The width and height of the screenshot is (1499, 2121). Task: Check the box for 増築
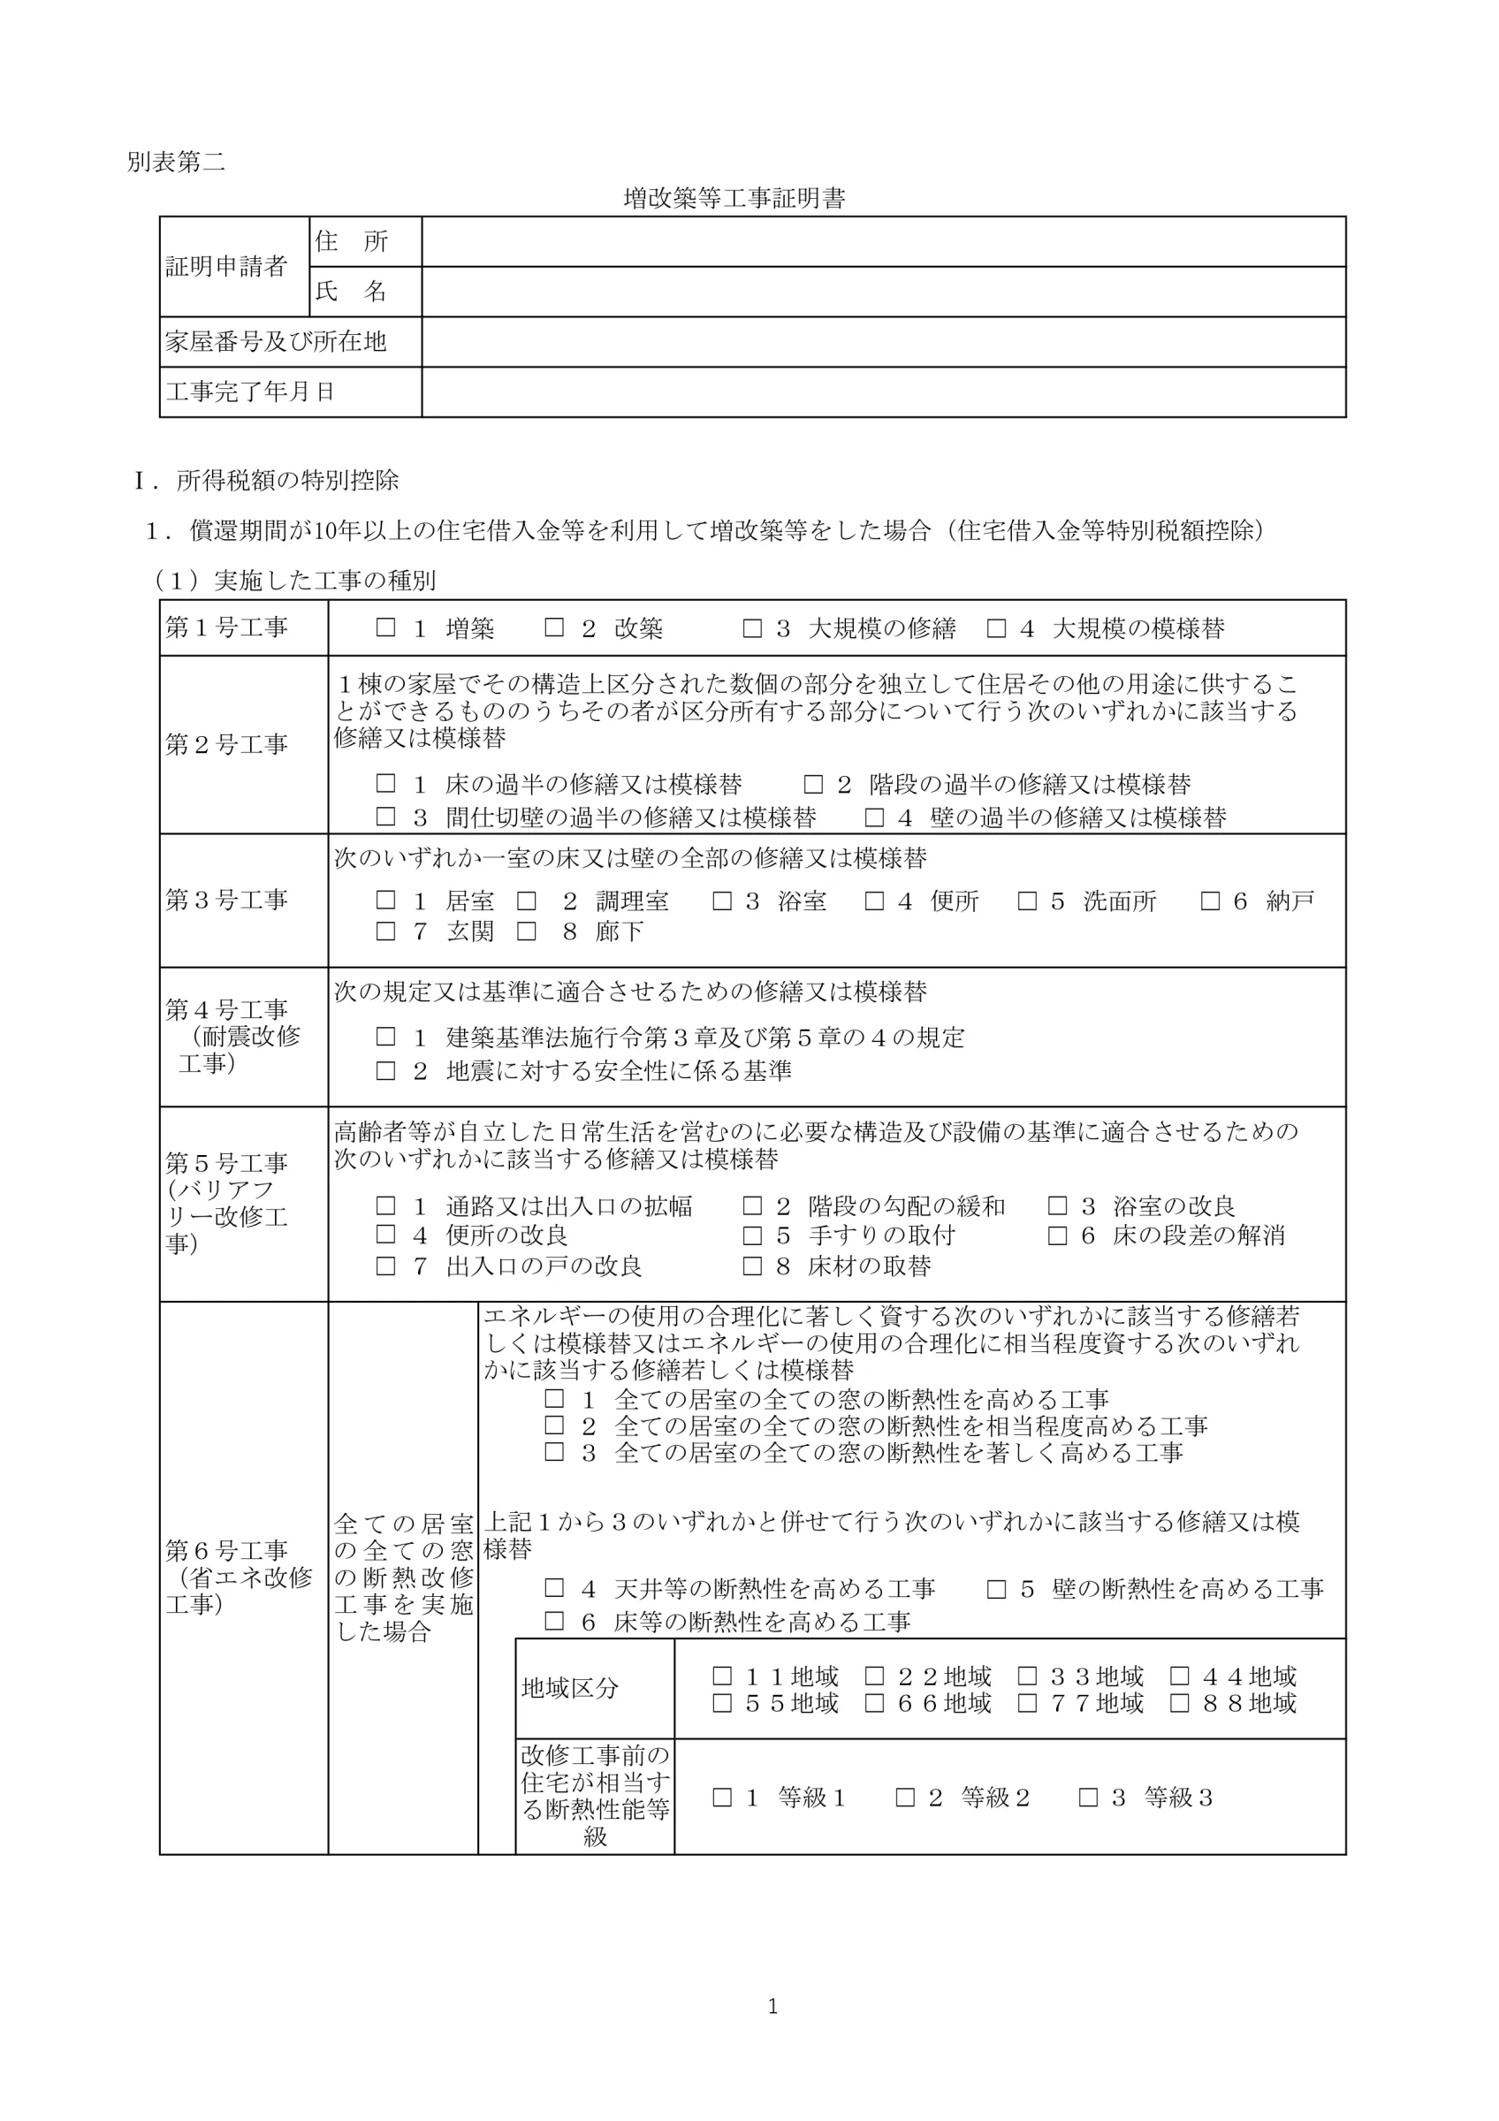point(385,628)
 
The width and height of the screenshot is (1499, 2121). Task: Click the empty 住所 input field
point(882,242)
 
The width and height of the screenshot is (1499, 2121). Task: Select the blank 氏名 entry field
point(882,292)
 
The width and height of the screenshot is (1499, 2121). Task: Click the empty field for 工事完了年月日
point(882,392)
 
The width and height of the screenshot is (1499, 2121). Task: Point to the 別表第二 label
point(176,163)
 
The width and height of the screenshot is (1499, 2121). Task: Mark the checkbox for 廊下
point(527,931)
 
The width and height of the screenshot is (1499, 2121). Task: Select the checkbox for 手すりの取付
point(753,1235)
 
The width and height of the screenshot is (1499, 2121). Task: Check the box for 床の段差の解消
point(1058,1235)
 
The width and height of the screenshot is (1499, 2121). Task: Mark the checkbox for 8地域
point(1179,1702)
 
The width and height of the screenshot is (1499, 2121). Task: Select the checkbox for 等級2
point(905,1797)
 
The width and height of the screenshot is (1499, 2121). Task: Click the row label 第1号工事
point(226,628)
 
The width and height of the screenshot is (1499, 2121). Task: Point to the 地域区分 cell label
point(569,1689)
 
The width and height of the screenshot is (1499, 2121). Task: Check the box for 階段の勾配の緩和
point(753,1205)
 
